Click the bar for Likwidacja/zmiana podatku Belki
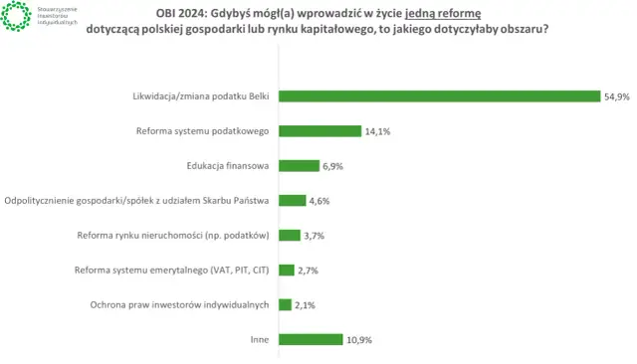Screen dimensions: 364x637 click(x=439, y=96)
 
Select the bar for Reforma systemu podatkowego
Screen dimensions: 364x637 click(x=319, y=131)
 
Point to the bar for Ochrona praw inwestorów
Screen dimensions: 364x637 click(x=285, y=304)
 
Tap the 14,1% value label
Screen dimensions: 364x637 click(x=375, y=131)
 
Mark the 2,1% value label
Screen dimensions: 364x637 click(x=305, y=305)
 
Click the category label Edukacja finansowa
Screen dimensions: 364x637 click(x=228, y=166)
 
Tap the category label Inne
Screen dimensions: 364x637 click(x=261, y=340)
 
